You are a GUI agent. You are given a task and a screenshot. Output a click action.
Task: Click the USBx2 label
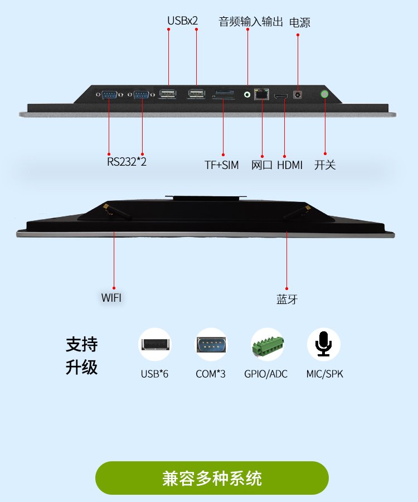(183, 21)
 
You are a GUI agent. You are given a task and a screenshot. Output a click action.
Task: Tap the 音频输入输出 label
(251, 22)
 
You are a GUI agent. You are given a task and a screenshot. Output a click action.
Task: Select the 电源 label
(300, 22)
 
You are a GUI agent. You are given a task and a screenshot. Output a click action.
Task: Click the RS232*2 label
(127, 162)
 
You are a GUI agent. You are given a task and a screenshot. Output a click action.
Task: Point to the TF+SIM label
(222, 165)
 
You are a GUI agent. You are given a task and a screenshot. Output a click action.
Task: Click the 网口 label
(261, 165)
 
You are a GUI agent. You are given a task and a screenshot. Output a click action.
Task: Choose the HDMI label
(290, 165)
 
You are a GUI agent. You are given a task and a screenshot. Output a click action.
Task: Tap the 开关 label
(325, 165)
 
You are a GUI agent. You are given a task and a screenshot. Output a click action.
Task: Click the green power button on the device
(324, 94)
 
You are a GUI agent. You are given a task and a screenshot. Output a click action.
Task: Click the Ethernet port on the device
(261, 94)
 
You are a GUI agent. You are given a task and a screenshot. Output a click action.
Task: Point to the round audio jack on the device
(247, 94)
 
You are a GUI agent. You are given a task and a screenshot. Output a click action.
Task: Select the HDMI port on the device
(281, 96)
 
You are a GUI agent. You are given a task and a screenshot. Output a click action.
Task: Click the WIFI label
(111, 298)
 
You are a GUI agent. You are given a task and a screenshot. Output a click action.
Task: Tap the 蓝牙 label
(287, 300)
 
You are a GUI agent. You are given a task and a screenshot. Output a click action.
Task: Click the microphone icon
(324, 344)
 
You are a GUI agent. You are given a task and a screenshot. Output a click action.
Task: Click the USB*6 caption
(154, 374)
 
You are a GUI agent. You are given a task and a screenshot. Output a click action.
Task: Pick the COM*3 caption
(211, 374)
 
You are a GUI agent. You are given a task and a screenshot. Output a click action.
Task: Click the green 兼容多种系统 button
(212, 478)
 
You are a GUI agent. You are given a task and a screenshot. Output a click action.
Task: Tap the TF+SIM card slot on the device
(223, 94)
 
